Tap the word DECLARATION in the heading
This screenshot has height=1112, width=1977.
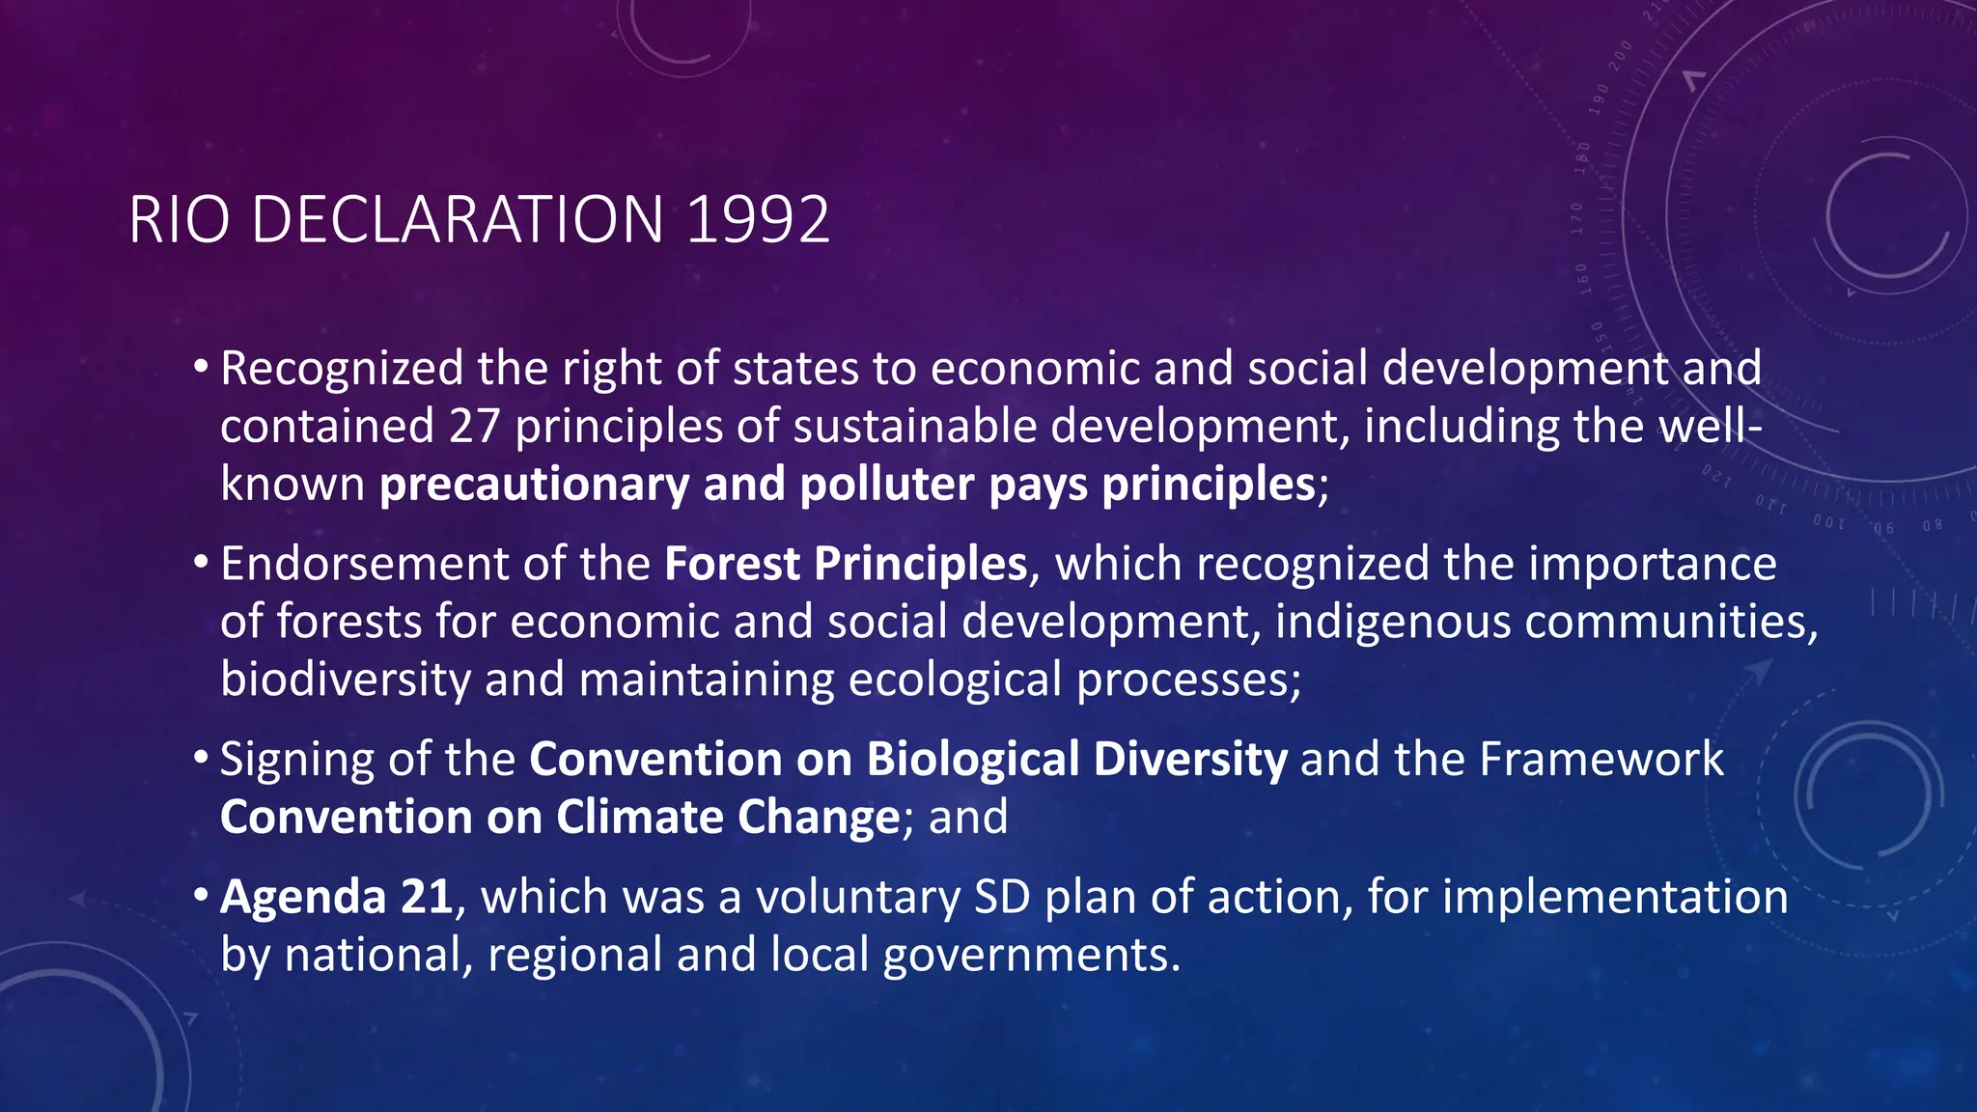(457, 220)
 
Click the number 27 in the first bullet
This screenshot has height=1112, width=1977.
(474, 427)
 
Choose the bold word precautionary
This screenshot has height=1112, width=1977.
(534, 485)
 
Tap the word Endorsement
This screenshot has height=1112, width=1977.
(364, 564)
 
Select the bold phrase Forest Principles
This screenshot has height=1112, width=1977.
(846, 564)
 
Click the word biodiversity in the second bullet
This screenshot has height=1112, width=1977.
(345, 680)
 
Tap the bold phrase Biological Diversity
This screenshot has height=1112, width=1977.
(1076, 760)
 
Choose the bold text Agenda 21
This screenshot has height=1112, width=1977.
(337, 898)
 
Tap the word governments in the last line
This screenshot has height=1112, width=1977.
(1031, 956)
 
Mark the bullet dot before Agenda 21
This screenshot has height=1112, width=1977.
(201, 896)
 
